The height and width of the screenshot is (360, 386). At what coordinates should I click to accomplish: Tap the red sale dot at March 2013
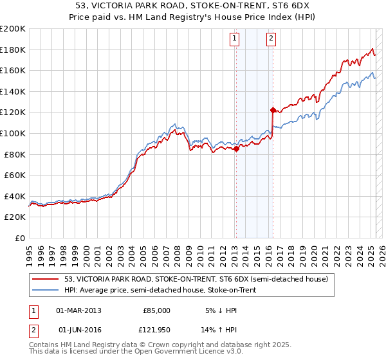236,149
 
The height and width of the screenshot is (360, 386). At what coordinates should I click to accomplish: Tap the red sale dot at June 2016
273,110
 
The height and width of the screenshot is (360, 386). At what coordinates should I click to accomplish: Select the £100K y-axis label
13,133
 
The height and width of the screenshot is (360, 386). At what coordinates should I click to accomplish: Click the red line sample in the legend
45,279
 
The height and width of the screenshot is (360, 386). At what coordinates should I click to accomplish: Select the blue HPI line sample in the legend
45,291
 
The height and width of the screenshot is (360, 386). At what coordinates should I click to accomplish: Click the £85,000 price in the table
156,310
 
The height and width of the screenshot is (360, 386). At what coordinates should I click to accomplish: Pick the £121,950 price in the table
156,330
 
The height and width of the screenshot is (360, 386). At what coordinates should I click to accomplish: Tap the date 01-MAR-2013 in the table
78,310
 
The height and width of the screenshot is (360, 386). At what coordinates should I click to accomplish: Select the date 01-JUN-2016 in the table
78,330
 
